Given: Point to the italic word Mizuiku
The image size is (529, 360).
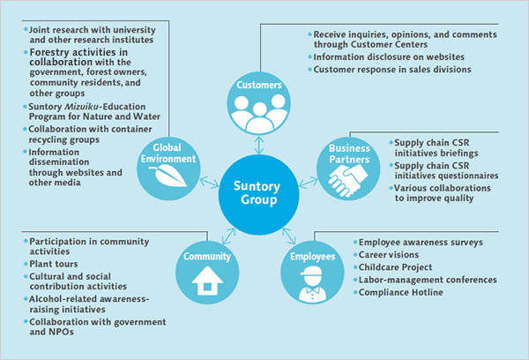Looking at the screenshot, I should [86, 105].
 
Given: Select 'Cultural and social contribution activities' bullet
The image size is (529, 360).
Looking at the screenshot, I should [78, 281].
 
